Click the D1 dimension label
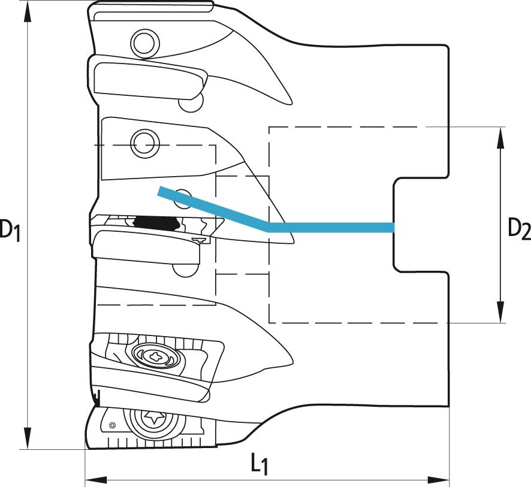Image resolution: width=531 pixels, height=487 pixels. pyautogui.click(x=10, y=231)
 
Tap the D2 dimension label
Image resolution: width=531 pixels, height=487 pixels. pyautogui.click(x=520, y=228)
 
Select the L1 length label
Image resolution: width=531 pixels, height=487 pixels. pyautogui.click(x=260, y=465)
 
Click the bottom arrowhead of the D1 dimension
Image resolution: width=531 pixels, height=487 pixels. pyautogui.click(x=28, y=438)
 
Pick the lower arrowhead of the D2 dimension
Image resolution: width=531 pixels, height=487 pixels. pyautogui.click(x=500, y=311)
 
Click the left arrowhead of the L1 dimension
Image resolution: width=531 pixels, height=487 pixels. pyautogui.click(x=96, y=480)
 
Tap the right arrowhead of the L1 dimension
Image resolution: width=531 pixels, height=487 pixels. pyautogui.click(x=438, y=480)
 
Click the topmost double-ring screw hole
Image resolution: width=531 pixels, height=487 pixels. pyautogui.click(x=144, y=43)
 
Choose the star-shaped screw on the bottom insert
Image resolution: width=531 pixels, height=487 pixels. pyautogui.click(x=154, y=418)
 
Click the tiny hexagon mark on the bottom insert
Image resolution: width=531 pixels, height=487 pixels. pyautogui.click(x=112, y=425)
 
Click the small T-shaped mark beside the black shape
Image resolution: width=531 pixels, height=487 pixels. pyautogui.click(x=200, y=240)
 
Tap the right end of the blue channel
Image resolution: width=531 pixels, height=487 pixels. pyautogui.click(x=394, y=228)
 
